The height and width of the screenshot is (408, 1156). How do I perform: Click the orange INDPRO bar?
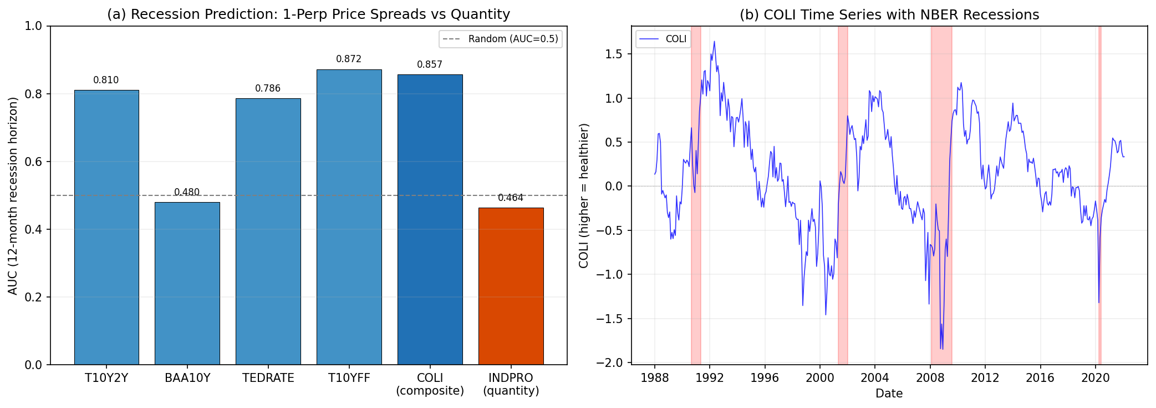pyautogui.click(x=511, y=286)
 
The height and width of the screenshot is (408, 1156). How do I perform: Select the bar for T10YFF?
pyautogui.click(x=349, y=216)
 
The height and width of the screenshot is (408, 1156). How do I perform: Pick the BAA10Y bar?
pyautogui.click(x=187, y=283)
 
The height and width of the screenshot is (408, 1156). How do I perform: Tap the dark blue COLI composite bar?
pyautogui.click(x=430, y=219)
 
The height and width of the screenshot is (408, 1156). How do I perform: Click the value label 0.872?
pyautogui.click(x=349, y=59)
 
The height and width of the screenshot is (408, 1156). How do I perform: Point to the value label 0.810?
pyautogui.click(x=106, y=80)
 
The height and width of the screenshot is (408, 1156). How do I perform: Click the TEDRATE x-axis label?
pyautogui.click(x=268, y=378)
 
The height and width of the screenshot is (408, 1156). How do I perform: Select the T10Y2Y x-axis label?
pyautogui.click(x=106, y=378)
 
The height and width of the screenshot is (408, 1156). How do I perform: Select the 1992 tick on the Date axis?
pyautogui.click(x=710, y=378)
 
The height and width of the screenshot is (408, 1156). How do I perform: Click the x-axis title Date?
pyautogui.click(x=889, y=394)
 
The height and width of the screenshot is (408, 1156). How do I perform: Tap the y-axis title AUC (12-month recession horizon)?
pyautogui.click(x=13, y=195)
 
